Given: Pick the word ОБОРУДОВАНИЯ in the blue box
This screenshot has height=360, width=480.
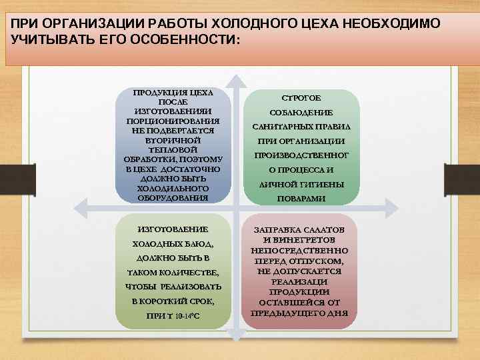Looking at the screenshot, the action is tap(173, 197).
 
